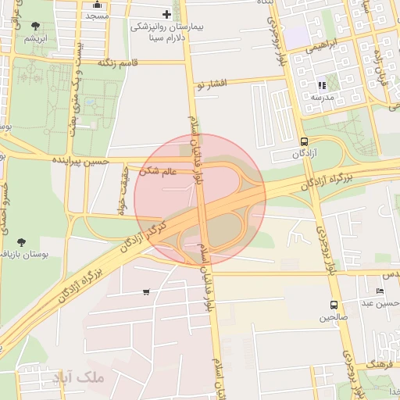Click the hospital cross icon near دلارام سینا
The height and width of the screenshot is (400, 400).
point(166,14)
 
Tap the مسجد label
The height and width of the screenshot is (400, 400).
point(97,16)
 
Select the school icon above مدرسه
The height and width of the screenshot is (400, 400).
point(321,85)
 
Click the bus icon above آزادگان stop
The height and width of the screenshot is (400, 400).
point(304,141)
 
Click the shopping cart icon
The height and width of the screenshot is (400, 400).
point(146,292)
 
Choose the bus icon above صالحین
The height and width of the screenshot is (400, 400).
point(334,305)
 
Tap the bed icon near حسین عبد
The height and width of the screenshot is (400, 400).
point(380,291)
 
